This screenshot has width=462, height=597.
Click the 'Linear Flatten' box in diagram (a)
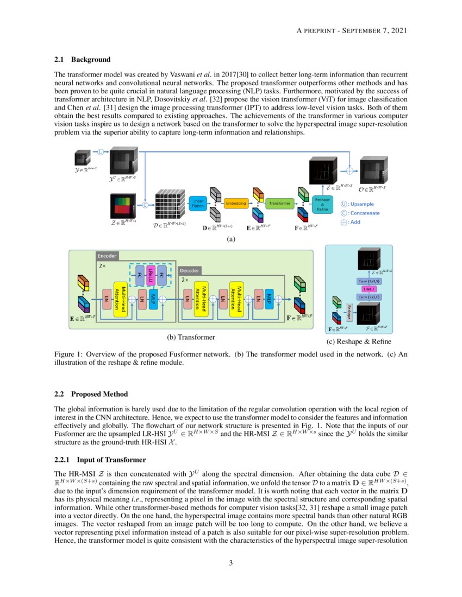coord(196,204)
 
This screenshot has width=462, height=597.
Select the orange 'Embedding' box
coord(236,204)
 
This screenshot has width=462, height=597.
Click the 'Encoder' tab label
coord(107,256)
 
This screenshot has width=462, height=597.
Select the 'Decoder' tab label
coord(190,270)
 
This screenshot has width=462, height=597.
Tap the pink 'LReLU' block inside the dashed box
coord(152,275)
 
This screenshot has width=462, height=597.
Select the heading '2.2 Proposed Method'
coord(91,394)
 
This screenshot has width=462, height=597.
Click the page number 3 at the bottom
coord(230,563)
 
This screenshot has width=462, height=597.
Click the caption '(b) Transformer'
coord(191,338)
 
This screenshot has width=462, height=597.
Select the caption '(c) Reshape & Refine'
coord(359,341)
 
